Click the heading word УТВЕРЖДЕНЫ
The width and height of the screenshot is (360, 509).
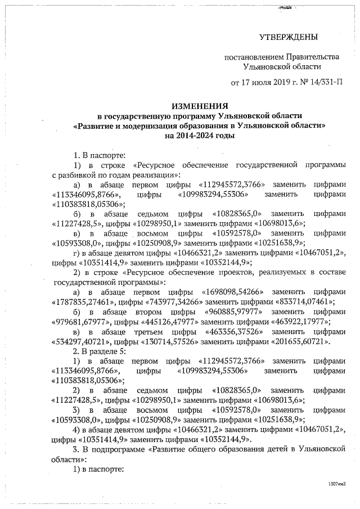coord(288,37)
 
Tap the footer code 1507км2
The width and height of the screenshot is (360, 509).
coord(336,484)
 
